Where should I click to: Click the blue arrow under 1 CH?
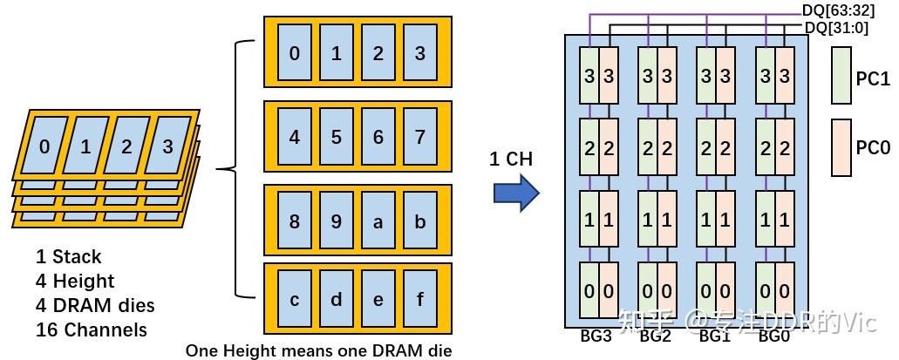coord(516,193)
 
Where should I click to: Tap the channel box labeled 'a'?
coord(378,221)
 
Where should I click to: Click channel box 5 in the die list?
coord(336,137)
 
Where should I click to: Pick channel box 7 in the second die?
coord(419,137)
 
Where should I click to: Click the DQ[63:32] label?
coord(837,10)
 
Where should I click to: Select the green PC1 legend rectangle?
coord(841,78)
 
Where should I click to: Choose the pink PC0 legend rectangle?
coord(841,147)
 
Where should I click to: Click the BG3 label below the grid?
coord(596,336)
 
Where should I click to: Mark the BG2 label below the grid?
coord(655,336)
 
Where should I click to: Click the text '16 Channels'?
coord(92,329)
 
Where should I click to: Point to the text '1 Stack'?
coord(69,256)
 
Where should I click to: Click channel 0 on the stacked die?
coord(44,146)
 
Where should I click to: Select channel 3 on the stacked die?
coord(167,146)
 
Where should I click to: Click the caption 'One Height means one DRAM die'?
coord(318,350)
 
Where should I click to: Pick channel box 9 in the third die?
coord(336,221)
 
